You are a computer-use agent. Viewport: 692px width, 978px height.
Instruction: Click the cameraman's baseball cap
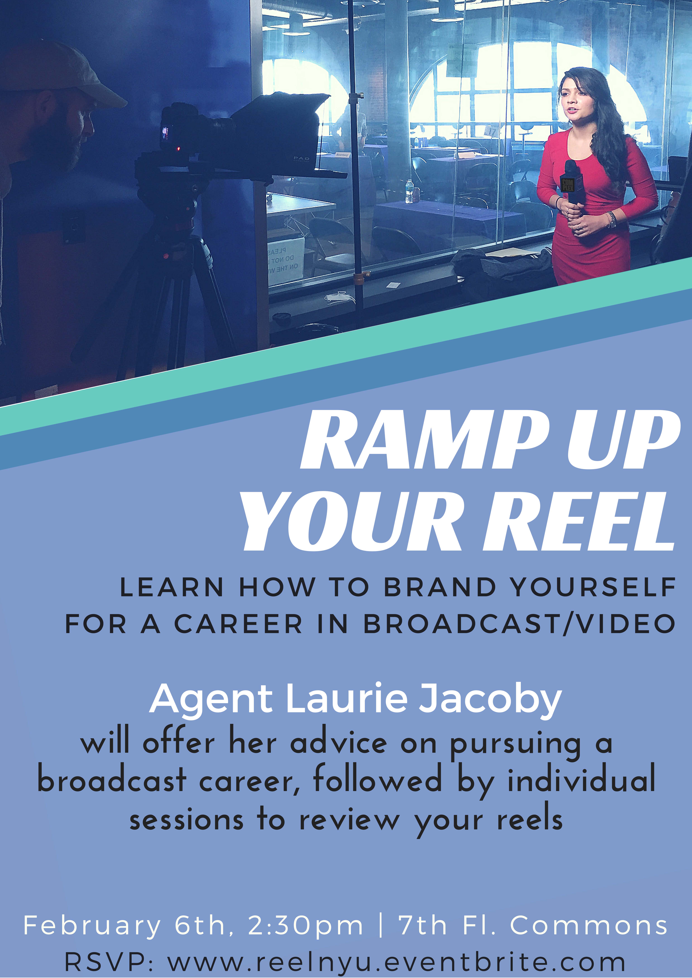(x=64, y=70)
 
